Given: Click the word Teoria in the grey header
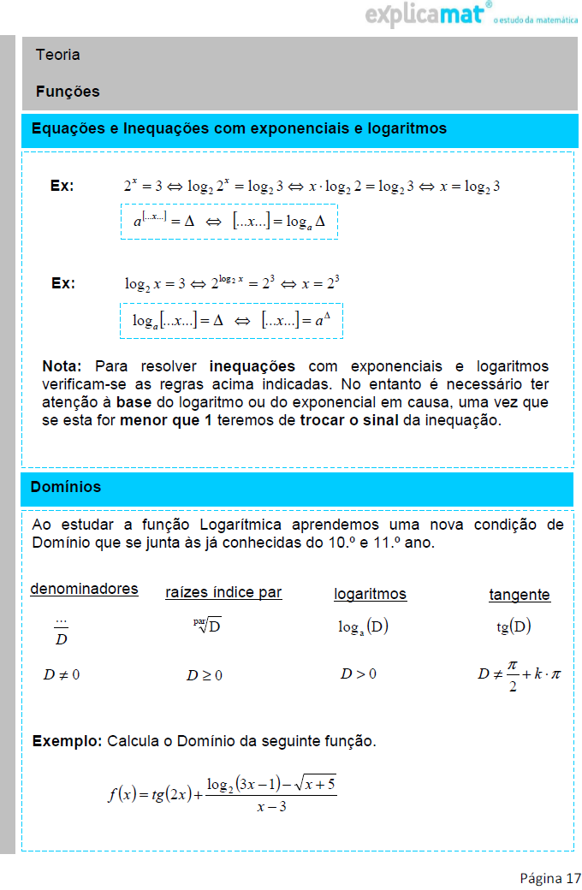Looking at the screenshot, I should point(58,55).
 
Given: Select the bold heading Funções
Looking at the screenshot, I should point(68,92).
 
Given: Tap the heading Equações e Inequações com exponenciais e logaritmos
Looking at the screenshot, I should point(239,129).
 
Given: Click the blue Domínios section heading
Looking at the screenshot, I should point(66,487).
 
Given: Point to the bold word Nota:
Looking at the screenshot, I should point(62,366).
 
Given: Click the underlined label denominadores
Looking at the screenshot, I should point(84,589).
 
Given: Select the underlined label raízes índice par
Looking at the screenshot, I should point(223,592).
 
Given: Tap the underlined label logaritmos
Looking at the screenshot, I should point(370,594).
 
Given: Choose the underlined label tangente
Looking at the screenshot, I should point(519,595).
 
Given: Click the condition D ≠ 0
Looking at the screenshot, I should point(62,674).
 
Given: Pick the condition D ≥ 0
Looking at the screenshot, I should point(205,675).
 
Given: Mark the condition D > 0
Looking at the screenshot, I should point(358,673).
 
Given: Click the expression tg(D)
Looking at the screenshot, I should point(514,626).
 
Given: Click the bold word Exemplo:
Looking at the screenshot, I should point(67,741).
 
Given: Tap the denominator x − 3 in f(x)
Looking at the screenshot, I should point(270,807).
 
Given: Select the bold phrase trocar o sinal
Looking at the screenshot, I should point(349,420).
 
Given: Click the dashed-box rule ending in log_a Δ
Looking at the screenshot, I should point(229,222).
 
